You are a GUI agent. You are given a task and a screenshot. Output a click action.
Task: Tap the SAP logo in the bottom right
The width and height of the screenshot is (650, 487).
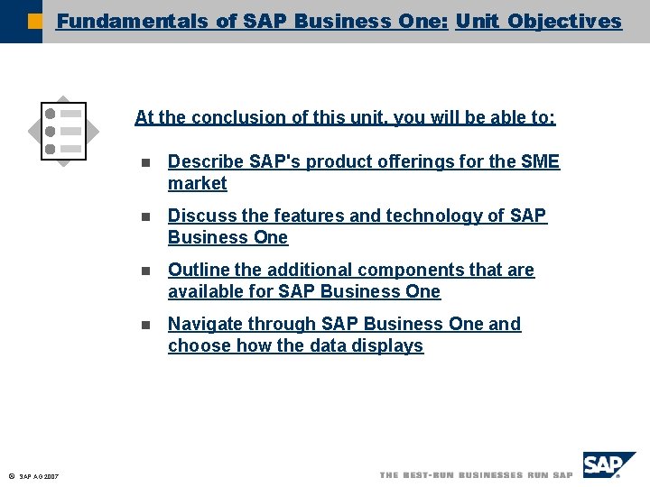608,466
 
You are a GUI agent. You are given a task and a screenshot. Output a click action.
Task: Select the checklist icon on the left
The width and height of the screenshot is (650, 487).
64,130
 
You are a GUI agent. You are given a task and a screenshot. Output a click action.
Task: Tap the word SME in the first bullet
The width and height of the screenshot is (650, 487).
540,162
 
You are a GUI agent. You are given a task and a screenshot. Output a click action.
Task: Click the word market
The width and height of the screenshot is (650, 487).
197,184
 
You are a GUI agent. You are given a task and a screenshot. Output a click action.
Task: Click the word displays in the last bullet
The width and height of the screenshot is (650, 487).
387,346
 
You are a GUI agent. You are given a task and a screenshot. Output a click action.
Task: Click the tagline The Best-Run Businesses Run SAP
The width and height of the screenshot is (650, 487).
476,475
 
